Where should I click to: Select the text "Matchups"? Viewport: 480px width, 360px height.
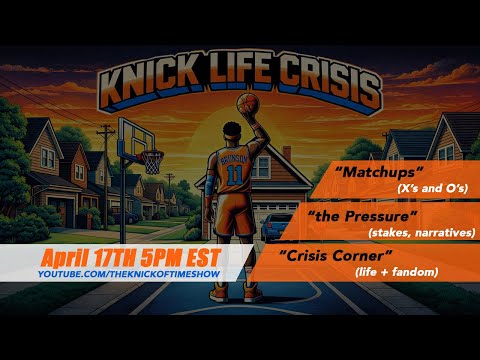(368, 172)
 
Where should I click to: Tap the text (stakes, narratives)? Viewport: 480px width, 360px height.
(421, 233)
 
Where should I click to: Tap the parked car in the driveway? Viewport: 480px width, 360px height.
(276, 226)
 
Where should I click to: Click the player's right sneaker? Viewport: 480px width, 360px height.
(252, 293)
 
